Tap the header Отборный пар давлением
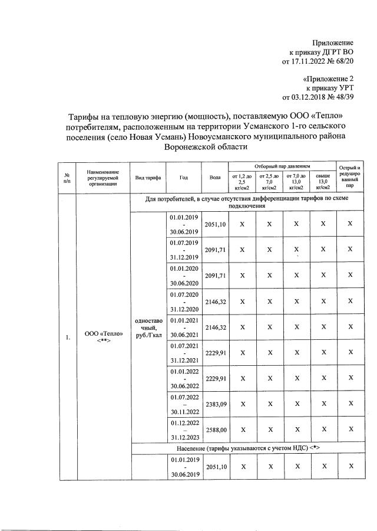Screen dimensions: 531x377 click(x=282, y=168)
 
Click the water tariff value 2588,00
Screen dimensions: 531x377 click(x=215, y=430)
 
